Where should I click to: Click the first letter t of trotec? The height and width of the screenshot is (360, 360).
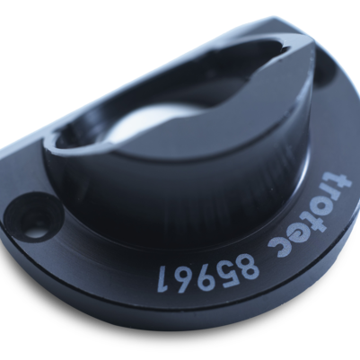(x=339, y=180)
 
